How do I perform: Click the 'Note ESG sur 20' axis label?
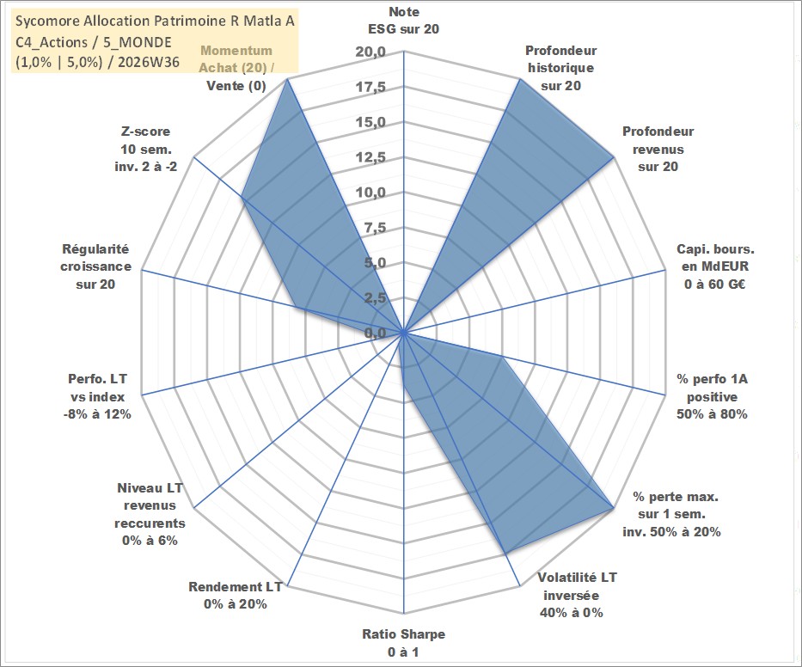coord(403,21)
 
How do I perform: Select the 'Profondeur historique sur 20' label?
coord(560,68)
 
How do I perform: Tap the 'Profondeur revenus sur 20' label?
coord(658,149)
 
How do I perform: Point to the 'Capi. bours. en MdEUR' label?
coord(715,258)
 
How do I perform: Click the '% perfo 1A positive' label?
coord(712,388)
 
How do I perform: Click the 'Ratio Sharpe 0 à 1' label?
coord(403,643)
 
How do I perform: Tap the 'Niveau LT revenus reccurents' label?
coord(150,505)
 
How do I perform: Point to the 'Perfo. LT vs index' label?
coord(97,388)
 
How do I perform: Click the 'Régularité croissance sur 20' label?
coord(95,266)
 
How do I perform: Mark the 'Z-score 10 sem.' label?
coord(146,140)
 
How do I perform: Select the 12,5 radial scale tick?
coord(370,157)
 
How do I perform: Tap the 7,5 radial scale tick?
coord(375,228)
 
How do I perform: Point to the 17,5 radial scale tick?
coord(370,87)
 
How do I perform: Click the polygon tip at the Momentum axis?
coord(287,79)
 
